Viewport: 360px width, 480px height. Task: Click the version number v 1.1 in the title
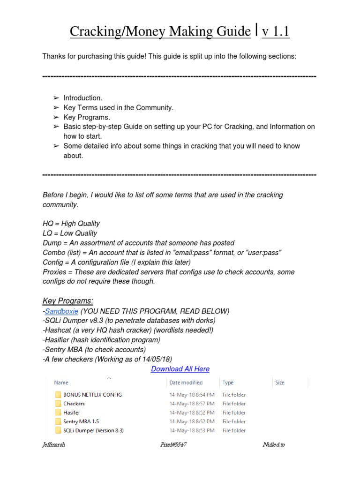(276, 32)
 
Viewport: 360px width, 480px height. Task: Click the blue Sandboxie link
(61, 311)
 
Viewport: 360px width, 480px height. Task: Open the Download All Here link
(180, 369)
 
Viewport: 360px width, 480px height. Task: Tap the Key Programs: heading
(68, 300)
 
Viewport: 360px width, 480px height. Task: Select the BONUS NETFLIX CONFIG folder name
(92, 395)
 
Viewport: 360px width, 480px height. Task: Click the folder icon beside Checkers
(58, 404)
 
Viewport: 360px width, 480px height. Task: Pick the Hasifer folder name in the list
(71, 412)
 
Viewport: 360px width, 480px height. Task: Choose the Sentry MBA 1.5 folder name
(81, 421)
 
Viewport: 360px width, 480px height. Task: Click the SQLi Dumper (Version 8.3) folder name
(93, 430)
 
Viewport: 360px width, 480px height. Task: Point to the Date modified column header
(186, 382)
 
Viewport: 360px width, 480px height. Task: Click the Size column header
(280, 382)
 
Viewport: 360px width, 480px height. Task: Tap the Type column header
(228, 382)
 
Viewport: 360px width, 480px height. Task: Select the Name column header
(61, 382)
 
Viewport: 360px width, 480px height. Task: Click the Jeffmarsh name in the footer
(54, 444)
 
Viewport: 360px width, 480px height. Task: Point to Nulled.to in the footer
(273, 444)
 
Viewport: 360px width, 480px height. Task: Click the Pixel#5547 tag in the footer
(173, 444)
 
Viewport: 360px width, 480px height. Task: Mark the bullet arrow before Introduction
(56, 98)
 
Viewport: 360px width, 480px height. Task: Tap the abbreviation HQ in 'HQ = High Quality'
(48, 224)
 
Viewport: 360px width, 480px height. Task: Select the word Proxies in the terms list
(55, 272)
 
